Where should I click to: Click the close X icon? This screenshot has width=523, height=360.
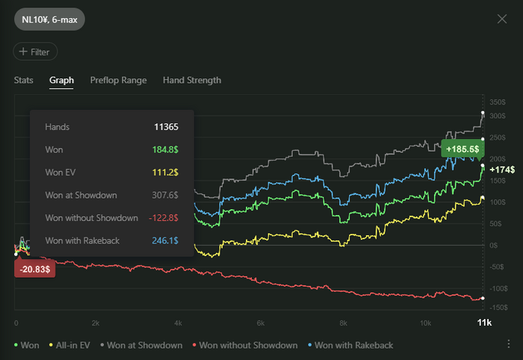[502, 18]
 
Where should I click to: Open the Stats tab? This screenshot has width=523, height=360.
[24, 80]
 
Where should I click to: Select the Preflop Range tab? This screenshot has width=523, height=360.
[118, 80]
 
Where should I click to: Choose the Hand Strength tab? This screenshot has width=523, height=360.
[192, 80]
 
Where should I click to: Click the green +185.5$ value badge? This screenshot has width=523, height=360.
[462, 149]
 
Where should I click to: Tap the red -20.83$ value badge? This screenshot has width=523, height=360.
[34, 267]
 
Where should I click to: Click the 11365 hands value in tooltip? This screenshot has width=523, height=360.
[166, 127]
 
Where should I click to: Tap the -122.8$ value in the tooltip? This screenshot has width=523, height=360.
[163, 217]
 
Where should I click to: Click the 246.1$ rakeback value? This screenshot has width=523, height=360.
[164, 240]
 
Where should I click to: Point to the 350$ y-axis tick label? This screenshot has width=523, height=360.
[498, 102]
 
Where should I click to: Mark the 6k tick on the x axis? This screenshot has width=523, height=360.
[259, 323]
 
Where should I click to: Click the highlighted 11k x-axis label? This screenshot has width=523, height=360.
[484, 323]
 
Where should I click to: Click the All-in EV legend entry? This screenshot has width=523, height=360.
[73, 345]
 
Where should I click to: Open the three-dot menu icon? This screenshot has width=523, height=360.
[508, 344]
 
